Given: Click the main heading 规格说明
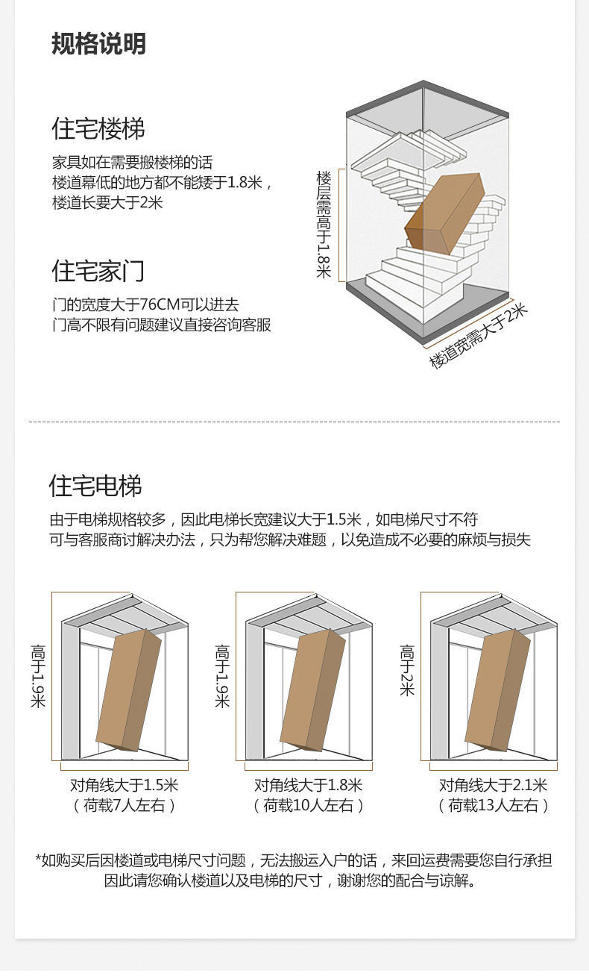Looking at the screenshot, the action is pyautogui.click(x=98, y=44).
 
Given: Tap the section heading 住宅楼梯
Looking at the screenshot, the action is pyautogui.click(x=98, y=128).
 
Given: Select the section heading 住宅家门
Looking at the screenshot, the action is pyautogui.click(x=98, y=271).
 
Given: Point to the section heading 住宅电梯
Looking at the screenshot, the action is pyautogui.click(x=95, y=486).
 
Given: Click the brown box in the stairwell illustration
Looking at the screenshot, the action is pyautogui.click(x=445, y=213).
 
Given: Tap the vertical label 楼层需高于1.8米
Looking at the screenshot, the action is pyautogui.click(x=324, y=225).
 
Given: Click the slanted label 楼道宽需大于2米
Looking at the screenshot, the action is pyautogui.click(x=478, y=336).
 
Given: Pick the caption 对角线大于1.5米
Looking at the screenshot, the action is pyautogui.click(x=124, y=785).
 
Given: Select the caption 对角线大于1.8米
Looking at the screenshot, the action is pyautogui.click(x=308, y=785).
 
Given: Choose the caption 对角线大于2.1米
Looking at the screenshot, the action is pyautogui.click(x=493, y=785).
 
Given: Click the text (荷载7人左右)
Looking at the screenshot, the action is pyautogui.click(x=124, y=805).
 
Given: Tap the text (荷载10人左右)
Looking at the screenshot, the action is pyautogui.click(x=308, y=805).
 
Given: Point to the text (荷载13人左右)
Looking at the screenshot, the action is pyautogui.click(x=493, y=805).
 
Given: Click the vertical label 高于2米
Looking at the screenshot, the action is pyautogui.click(x=407, y=670).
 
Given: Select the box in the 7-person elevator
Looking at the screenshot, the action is pyautogui.click(x=128, y=689).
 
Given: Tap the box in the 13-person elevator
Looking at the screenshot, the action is pyautogui.click(x=497, y=689).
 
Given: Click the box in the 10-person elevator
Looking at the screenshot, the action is pyautogui.click(x=312, y=689).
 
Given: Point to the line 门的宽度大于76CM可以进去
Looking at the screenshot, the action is pyautogui.click(x=145, y=304).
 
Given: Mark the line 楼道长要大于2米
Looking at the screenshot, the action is pyautogui.click(x=107, y=203).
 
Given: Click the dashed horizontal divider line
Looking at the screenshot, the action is pyautogui.click(x=294, y=422).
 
